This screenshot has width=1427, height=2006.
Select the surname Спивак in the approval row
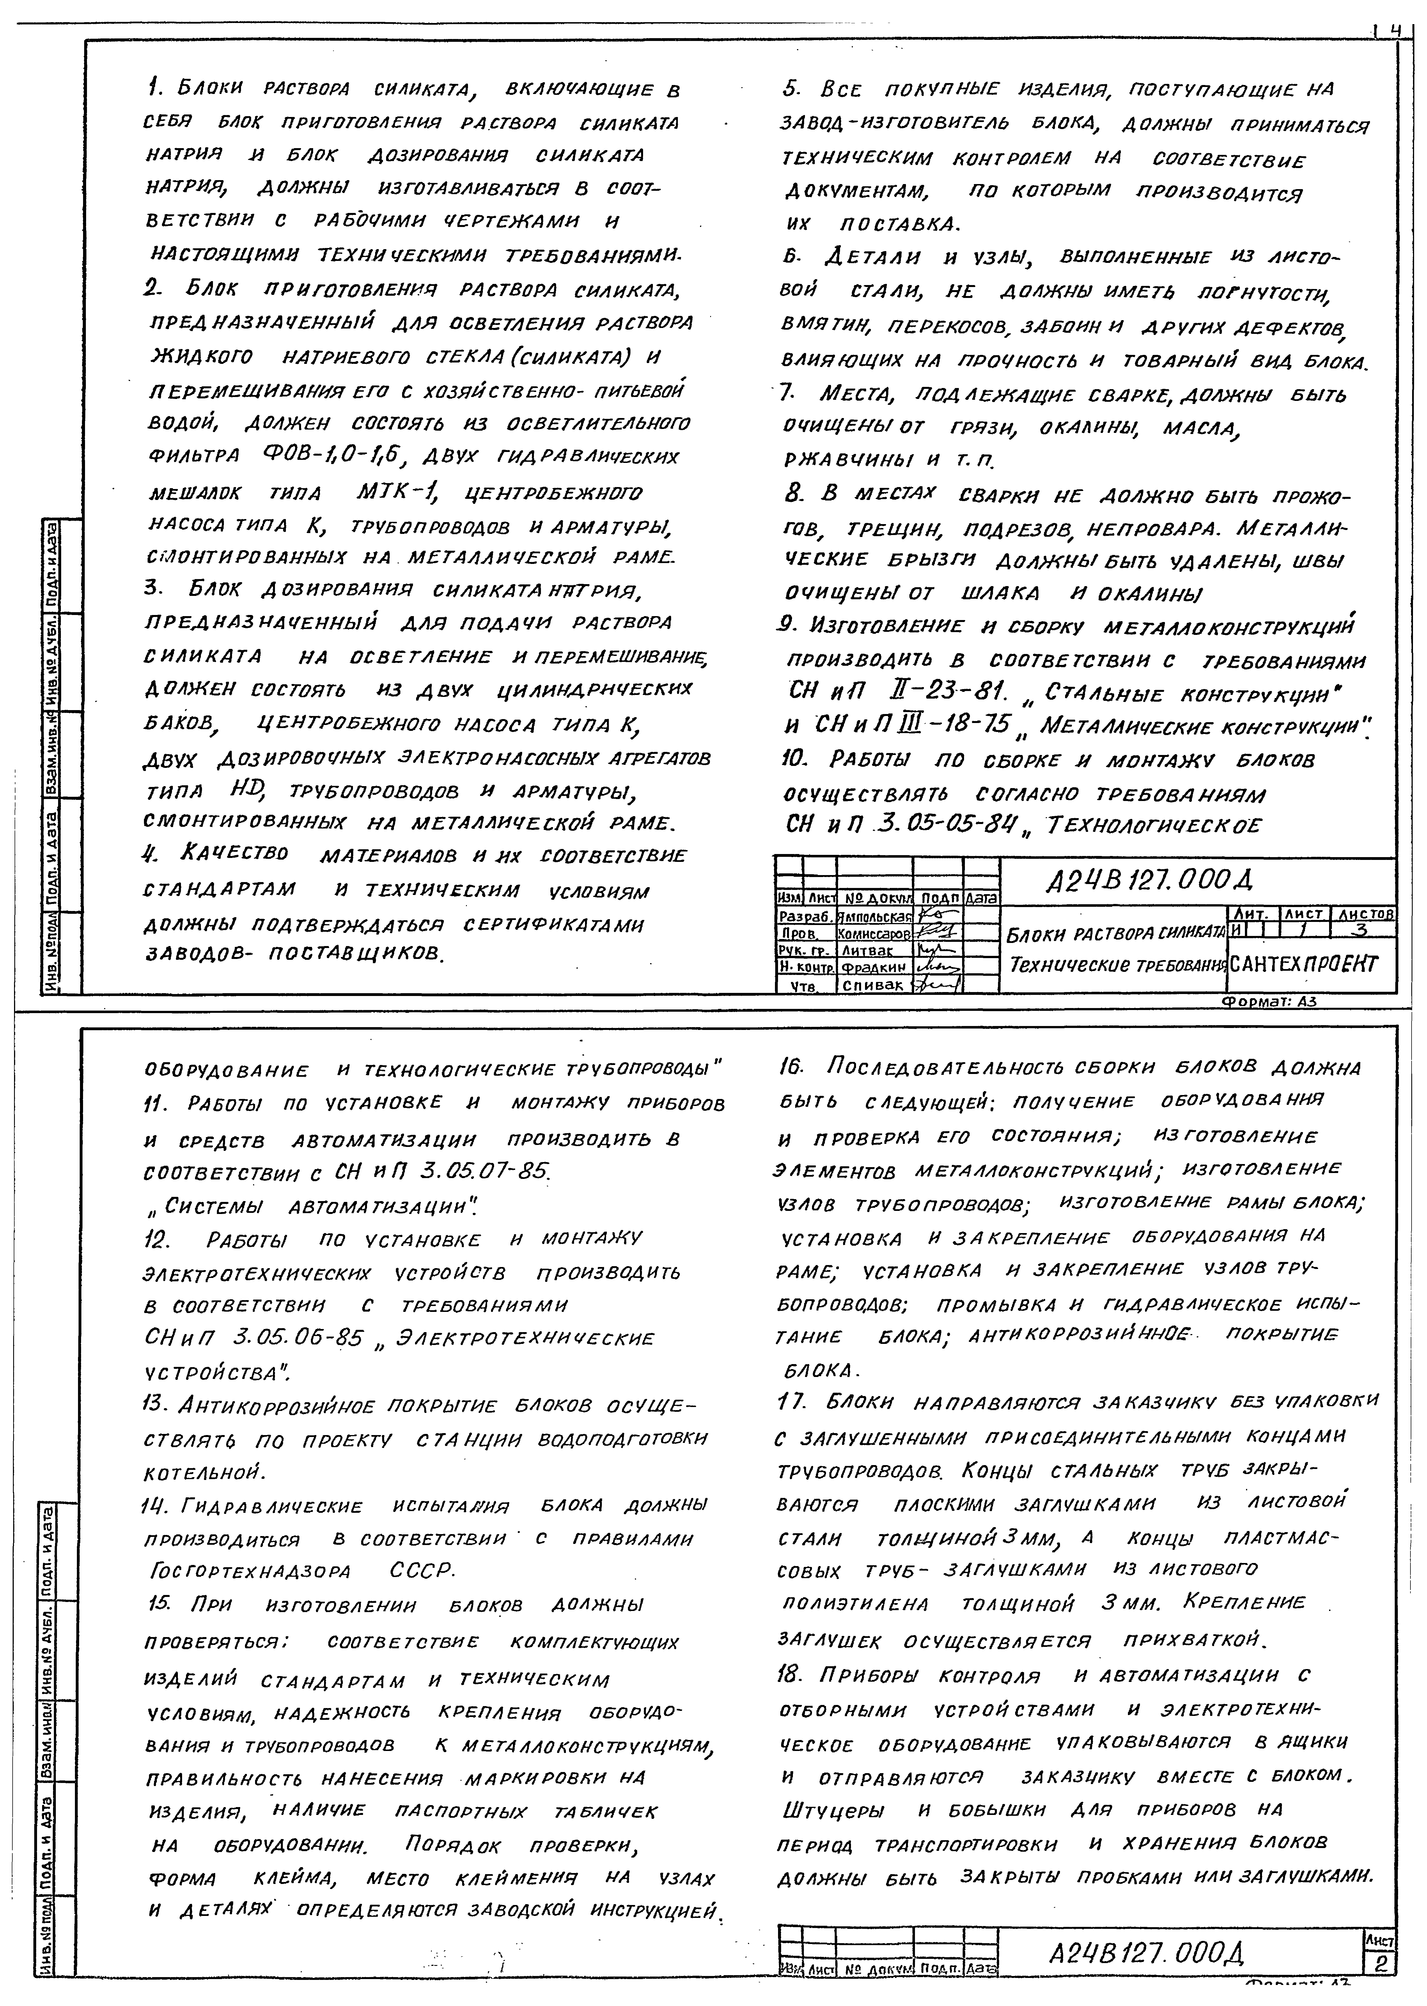[873, 985]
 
